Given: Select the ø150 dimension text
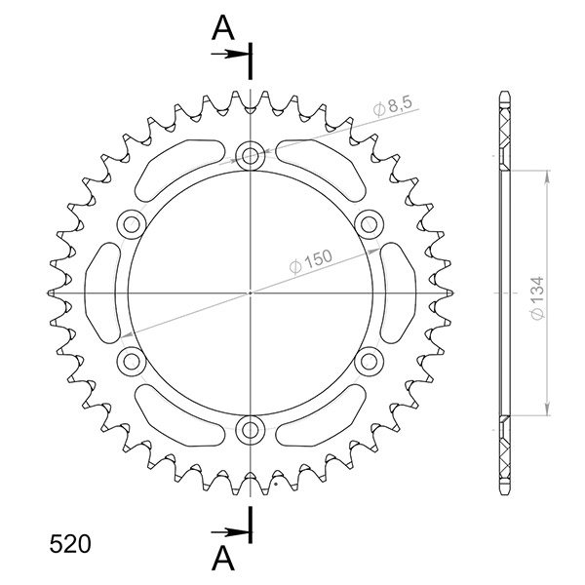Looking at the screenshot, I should coord(311,264).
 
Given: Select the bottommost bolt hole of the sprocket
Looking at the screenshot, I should coord(251,429).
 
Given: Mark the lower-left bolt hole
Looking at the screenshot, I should coord(131,361).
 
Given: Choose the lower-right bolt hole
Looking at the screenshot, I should coord(370,361).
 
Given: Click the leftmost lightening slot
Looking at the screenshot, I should coord(102,292).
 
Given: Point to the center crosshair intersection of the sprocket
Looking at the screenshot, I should coord(251,292).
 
